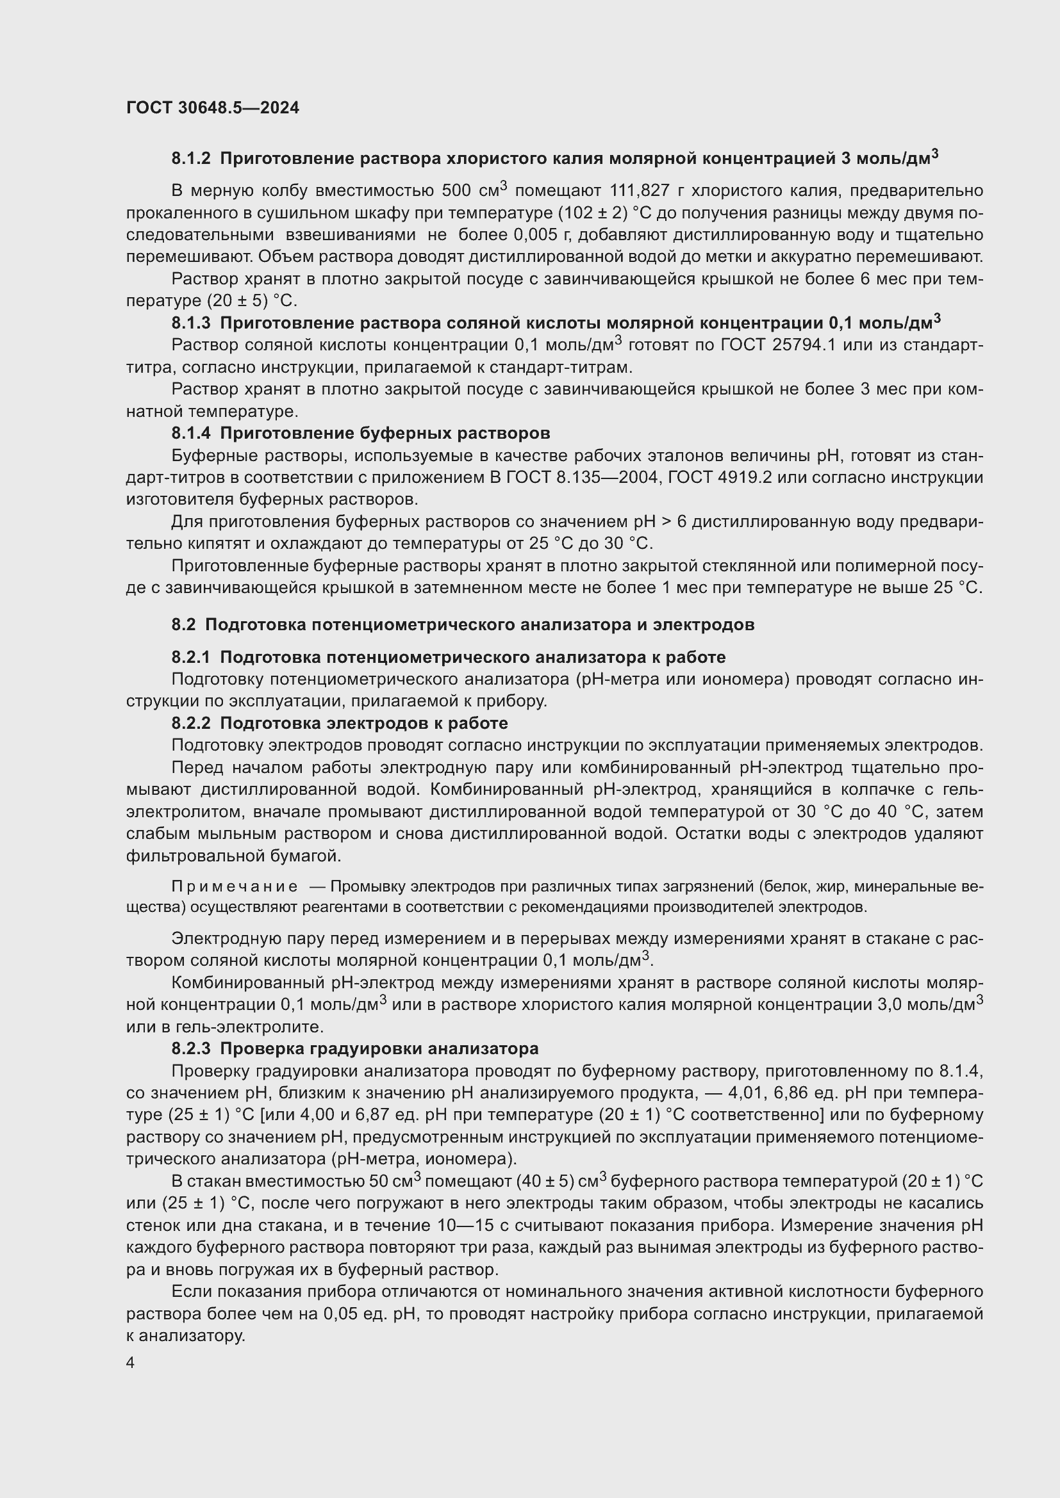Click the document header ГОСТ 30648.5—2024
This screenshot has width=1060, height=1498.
pos(213,108)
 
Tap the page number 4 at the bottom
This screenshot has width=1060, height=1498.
pos(131,1363)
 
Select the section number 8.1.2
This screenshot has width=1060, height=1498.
pos(191,159)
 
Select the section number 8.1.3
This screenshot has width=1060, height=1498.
pos(191,323)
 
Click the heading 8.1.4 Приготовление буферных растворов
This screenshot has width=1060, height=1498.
pos(360,433)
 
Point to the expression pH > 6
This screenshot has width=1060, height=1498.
pos(657,522)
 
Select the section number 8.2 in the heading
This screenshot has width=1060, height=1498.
pos(183,624)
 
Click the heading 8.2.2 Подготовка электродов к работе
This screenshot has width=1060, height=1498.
pos(340,723)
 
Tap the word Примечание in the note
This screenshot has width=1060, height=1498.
pos(235,886)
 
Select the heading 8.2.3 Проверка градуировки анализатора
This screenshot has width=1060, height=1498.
pos(354,1048)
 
